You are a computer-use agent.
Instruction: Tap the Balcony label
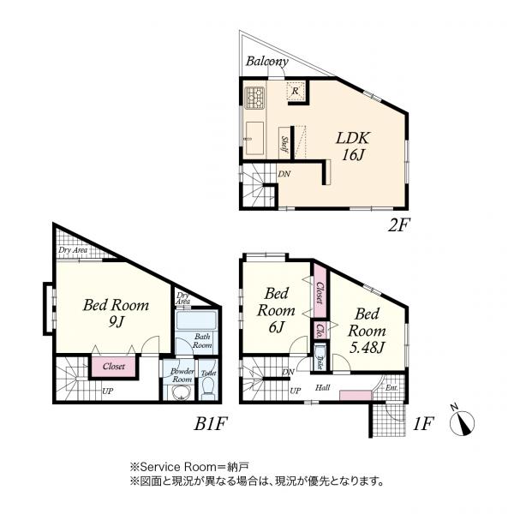point(266,63)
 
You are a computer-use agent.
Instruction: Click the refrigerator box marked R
point(295,91)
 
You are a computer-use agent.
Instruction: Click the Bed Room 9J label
point(116,314)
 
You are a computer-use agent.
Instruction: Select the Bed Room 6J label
point(276,309)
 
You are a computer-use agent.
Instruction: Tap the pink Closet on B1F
point(113,367)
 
